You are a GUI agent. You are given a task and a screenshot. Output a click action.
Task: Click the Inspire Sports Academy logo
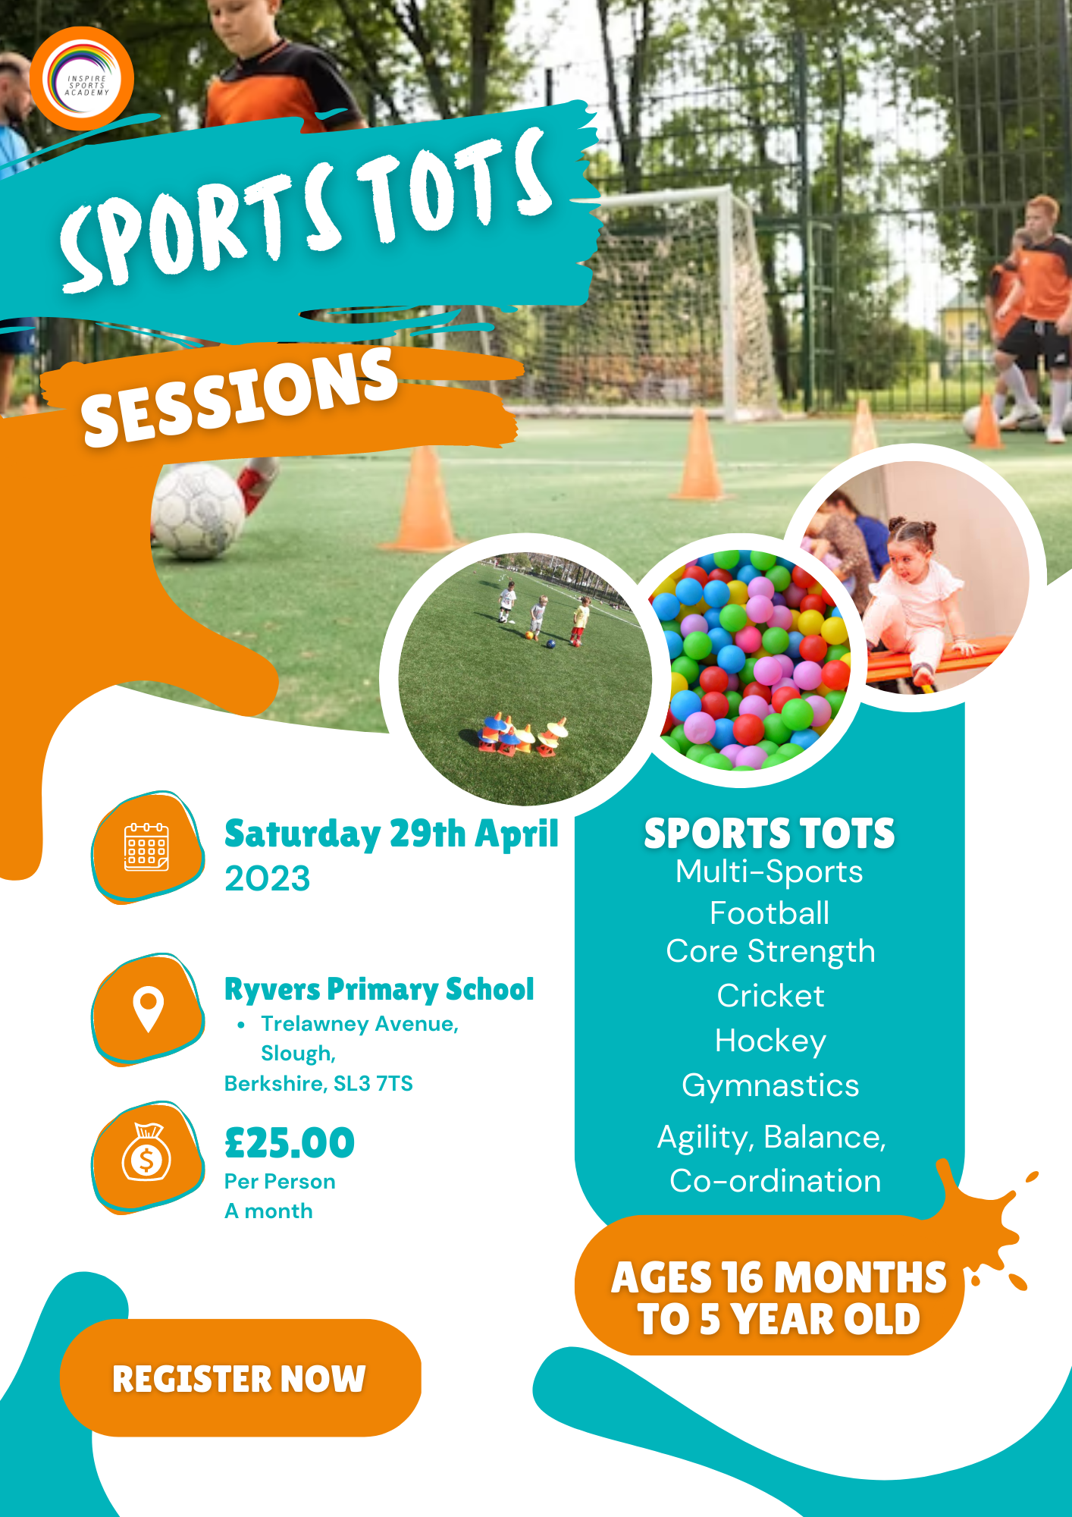pos(82,79)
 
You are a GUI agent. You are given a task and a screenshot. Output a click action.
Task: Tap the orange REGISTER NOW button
pos(240,1378)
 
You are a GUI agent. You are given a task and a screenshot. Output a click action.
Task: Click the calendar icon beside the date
pos(146,847)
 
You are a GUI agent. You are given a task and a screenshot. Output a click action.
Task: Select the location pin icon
pos(148,1010)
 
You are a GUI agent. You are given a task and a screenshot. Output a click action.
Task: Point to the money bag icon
pos(146,1152)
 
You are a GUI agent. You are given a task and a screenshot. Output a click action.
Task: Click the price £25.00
pos(290,1142)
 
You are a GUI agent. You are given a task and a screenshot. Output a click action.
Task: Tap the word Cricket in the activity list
pos(770,996)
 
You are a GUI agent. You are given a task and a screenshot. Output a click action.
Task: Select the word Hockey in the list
pos(770,1042)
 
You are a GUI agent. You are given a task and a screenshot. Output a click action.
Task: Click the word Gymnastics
pos(770,1086)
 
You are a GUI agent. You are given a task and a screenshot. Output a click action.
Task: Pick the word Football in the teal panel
pos(770,913)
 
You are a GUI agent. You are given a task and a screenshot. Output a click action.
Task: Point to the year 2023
pos(268,878)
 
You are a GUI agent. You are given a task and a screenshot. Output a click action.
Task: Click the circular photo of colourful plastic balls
pos(749,659)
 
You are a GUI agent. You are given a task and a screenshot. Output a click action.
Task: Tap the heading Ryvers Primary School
pos(379,989)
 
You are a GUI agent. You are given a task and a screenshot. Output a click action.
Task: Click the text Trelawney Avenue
pos(359,1024)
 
